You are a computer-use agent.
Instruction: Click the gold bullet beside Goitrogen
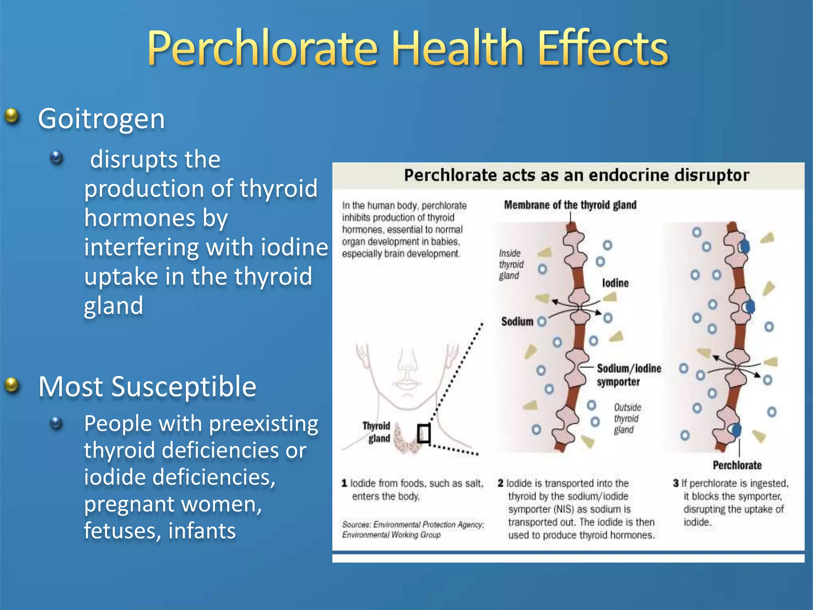tap(12, 116)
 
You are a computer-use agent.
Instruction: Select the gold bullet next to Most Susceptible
tap(12, 384)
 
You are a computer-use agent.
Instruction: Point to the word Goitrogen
tap(101, 119)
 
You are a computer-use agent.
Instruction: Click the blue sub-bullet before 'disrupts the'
tap(57, 158)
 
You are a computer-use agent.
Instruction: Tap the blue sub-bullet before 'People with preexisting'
tap(57, 423)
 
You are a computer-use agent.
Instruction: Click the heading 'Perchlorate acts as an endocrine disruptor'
tap(576, 175)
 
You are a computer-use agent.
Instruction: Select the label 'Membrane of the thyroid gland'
tap(570, 205)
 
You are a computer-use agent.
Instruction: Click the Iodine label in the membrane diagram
tap(615, 283)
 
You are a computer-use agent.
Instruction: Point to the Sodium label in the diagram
tap(517, 321)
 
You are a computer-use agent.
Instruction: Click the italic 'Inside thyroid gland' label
tap(511, 264)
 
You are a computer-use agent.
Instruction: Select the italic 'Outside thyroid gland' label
tap(627, 419)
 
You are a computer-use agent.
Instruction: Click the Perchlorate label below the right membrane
tap(737, 465)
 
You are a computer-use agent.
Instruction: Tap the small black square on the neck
tap(424, 433)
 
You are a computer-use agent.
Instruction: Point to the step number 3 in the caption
tap(676, 483)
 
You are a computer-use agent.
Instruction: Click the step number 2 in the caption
tap(501, 483)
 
